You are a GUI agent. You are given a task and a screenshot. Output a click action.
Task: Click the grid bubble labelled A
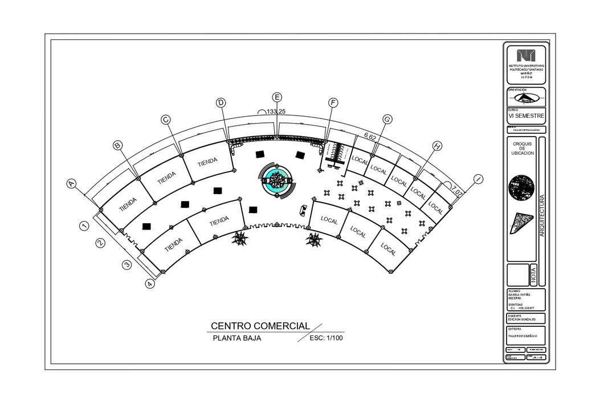[72, 183]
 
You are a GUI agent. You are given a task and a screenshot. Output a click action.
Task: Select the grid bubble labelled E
[277, 97]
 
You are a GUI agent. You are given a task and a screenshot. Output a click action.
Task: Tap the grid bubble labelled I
[478, 179]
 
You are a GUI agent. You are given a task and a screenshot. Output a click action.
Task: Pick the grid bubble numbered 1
[84, 226]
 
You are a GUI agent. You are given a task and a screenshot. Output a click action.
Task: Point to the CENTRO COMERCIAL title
[260, 326]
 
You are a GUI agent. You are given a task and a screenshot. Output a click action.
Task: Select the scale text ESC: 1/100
[325, 338]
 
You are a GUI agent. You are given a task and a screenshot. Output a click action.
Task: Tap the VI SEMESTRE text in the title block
[526, 116]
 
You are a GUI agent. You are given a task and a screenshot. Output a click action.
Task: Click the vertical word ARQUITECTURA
[542, 216]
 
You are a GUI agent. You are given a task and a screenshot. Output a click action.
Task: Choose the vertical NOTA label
[533, 274]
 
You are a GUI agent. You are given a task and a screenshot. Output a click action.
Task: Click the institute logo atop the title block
[526, 56]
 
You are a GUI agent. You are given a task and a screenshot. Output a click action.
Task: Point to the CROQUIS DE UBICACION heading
[522, 149]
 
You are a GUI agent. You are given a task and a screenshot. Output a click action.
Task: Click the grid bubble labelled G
[387, 120]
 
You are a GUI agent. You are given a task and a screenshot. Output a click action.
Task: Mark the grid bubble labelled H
[437, 146]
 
